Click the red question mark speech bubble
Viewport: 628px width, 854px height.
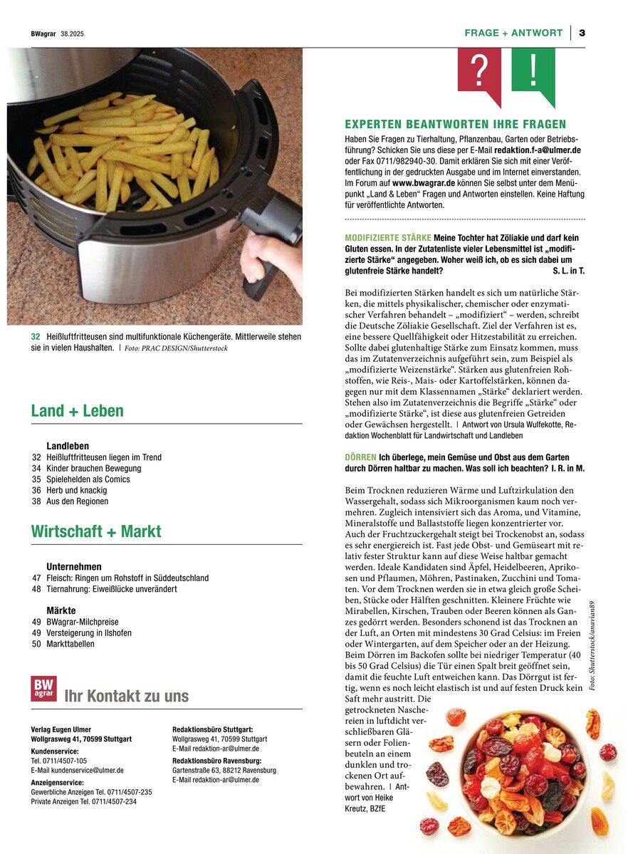479,72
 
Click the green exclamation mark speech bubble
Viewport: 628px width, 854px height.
533,72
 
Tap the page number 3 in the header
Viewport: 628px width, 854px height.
582,33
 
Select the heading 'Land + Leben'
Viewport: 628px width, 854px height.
77,411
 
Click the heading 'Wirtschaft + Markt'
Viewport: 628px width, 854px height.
96,531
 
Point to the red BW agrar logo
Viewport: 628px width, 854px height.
43,689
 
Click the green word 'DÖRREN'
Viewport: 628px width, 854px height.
360,456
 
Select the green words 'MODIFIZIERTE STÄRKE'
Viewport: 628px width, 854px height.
388,237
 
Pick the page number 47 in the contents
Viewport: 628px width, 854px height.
36,578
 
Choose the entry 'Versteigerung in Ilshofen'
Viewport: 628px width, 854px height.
89,632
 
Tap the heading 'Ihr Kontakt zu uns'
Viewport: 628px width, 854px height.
127,696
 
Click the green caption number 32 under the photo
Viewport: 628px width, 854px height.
36,336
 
